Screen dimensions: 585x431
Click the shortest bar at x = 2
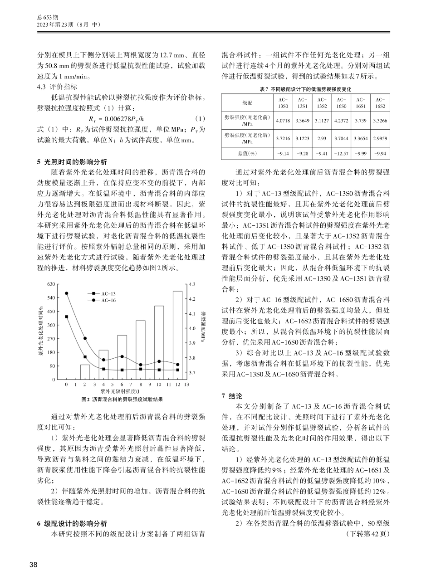(85, 372)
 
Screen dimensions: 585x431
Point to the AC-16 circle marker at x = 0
(66, 293)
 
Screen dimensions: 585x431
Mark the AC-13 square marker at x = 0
(66, 317)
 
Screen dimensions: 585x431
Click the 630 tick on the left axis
(51, 284)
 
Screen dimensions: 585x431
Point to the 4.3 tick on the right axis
(192, 284)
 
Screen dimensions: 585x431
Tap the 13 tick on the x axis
(186, 385)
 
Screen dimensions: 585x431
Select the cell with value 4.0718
(282, 121)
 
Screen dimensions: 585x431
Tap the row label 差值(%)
(247, 153)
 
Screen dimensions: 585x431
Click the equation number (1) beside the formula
(199, 119)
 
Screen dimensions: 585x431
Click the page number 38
(33, 565)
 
